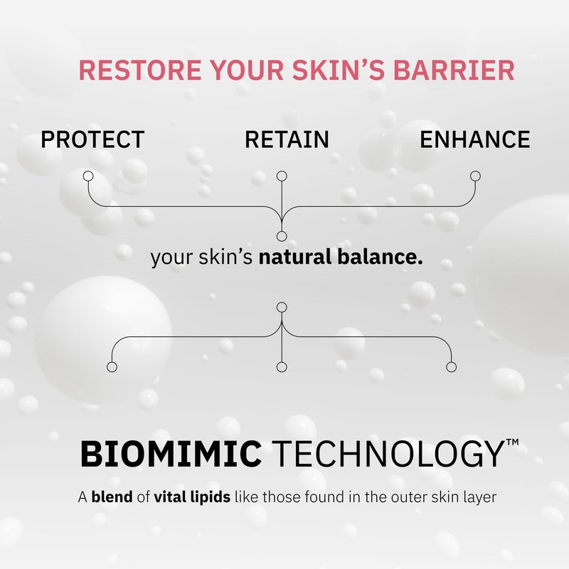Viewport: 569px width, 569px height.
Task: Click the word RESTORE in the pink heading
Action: pos(140,70)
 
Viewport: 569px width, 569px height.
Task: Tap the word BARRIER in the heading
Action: pos(454,70)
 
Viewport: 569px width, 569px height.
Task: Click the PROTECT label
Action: pos(92,139)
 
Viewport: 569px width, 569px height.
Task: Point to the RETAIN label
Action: pos(287,139)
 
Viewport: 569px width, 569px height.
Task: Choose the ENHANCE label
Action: pos(474,139)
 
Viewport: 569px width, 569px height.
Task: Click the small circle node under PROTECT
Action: pos(88,176)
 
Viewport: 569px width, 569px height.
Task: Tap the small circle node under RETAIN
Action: pos(282,176)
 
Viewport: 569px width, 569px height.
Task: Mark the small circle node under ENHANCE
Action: pos(475,176)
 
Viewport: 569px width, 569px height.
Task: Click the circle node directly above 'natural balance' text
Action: pos(282,236)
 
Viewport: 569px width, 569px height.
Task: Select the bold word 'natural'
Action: pos(295,257)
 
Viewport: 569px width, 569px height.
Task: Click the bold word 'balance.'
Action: pos(380,257)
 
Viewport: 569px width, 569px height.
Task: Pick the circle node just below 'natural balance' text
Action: pos(282,307)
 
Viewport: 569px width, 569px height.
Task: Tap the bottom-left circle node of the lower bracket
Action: pos(112,367)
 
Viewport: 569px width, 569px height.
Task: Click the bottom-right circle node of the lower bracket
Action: pos(451,367)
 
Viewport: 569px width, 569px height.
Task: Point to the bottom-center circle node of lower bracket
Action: pos(282,367)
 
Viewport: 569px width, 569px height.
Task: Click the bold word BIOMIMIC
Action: pos(171,454)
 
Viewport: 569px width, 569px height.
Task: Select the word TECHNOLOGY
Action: pos(387,454)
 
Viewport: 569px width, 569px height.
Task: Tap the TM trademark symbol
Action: pos(512,442)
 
